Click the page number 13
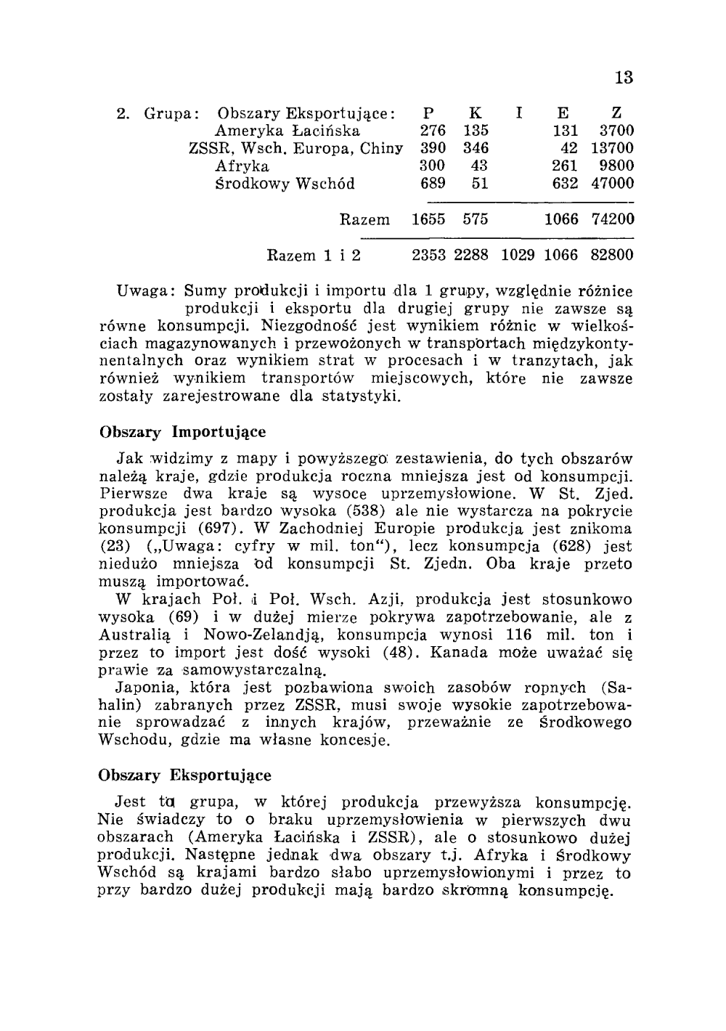pyautogui.click(x=624, y=78)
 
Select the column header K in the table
pyautogui.click(x=476, y=113)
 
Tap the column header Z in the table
pyautogui.click(x=616, y=113)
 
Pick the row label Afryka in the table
pyautogui.click(x=242, y=166)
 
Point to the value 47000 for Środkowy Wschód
pyautogui.click(x=613, y=184)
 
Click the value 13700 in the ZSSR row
pyautogui.click(x=613, y=149)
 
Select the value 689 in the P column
pyautogui.click(x=433, y=184)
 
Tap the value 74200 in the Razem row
pyautogui.click(x=613, y=219)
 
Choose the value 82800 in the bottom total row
pyautogui.click(x=613, y=256)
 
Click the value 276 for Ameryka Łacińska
pyautogui.click(x=433, y=131)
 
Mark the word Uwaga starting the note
pyautogui.click(x=142, y=292)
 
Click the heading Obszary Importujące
pyautogui.click(x=182, y=432)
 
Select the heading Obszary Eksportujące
pyautogui.click(x=184, y=775)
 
